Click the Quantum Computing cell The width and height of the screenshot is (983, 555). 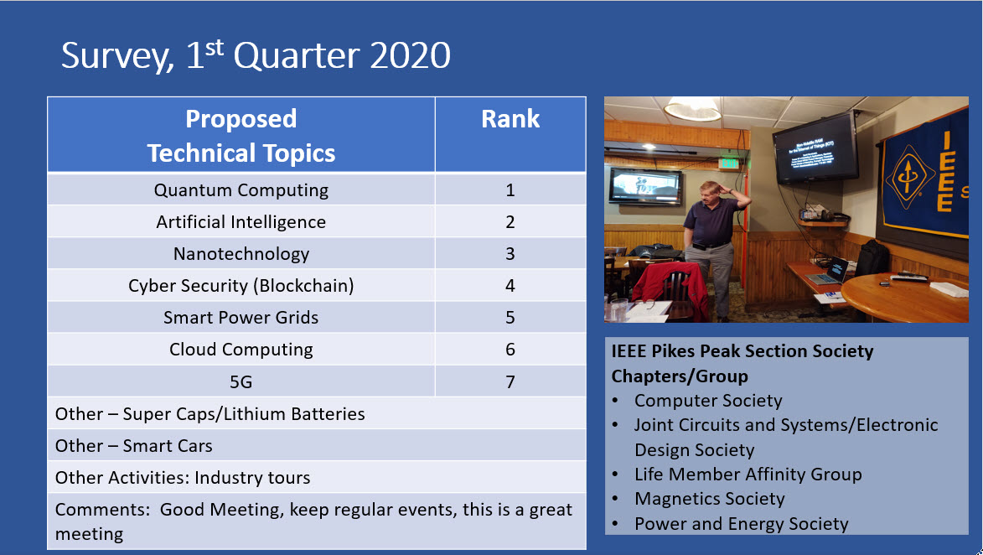point(241,189)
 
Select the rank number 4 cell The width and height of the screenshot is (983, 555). point(510,285)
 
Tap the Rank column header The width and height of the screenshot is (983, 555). point(510,134)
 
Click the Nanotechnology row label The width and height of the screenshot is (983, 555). point(241,253)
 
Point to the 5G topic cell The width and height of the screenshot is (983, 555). point(241,381)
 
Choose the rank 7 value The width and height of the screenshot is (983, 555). point(510,381)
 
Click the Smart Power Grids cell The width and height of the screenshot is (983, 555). point(241,317)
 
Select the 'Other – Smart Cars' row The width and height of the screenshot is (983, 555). point(317,445)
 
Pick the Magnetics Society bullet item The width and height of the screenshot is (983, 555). point(710,499)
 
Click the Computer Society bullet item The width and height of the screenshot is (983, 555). point(708,400)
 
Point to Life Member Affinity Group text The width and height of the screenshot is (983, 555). point(748,475)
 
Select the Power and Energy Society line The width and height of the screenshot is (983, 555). point(741,524)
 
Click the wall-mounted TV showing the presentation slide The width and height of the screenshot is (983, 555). point(815,148)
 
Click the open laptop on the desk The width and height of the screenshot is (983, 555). point(827,271)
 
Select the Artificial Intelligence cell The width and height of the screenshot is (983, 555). point(241,221)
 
